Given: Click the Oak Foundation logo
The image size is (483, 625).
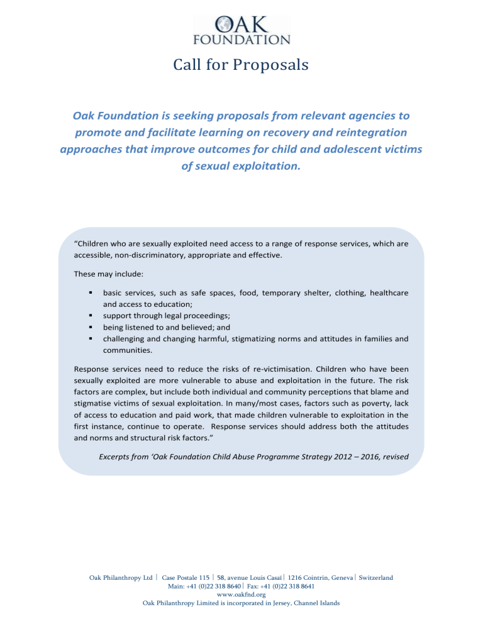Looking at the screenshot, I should (241, 30).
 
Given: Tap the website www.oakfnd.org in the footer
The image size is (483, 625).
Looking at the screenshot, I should (241, 594).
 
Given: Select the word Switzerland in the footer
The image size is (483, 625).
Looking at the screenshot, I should (376, 578).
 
